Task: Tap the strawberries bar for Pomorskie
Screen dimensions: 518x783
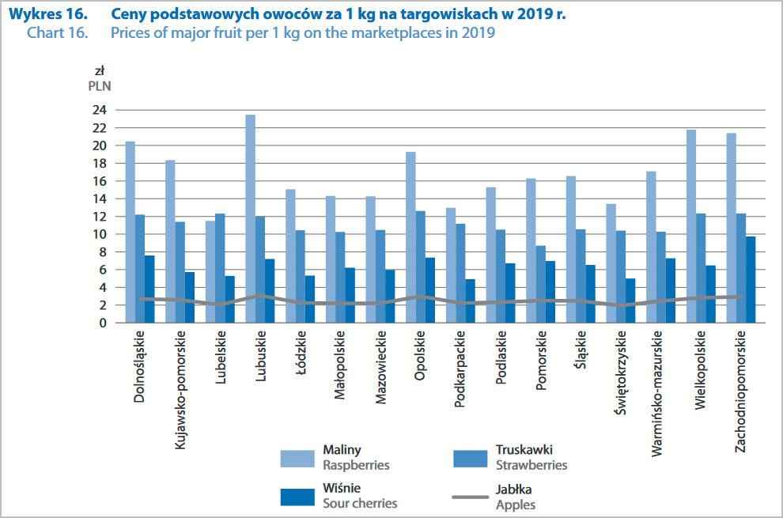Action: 540,284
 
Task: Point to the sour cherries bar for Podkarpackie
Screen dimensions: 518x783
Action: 470,301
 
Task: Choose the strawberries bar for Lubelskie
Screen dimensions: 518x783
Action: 220,268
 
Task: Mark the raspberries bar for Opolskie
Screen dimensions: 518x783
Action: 410,237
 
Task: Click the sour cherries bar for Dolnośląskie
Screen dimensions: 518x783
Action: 149,289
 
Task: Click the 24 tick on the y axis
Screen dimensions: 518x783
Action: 100,110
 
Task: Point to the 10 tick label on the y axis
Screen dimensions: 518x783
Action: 100,234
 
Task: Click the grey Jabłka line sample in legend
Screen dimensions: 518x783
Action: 470,497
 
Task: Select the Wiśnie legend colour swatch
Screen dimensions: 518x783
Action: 298,497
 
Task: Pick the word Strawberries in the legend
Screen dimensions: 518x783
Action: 531,465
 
